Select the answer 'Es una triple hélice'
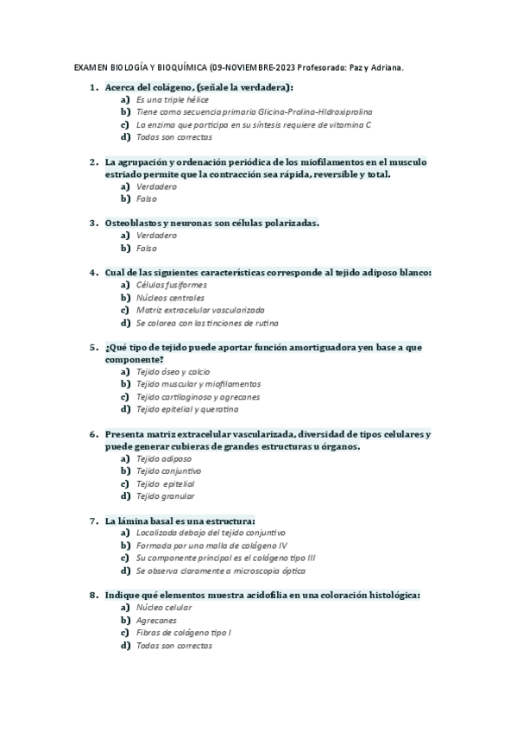click(173, 100)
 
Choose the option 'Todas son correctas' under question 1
click(173, 137)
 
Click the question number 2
click(93, 161)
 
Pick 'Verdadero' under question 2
click(156, 186)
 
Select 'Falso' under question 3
click(147, 248)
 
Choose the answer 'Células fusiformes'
click(171, 285)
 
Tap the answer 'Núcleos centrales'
click(170, 297)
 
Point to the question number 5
click(93, 347)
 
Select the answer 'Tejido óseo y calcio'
click(173, 371)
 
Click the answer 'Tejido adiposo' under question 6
click(163, 458)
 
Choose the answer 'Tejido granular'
click(165, 495)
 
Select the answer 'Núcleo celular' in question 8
click(164, 608)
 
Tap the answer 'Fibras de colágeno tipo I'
click(184, 633)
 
